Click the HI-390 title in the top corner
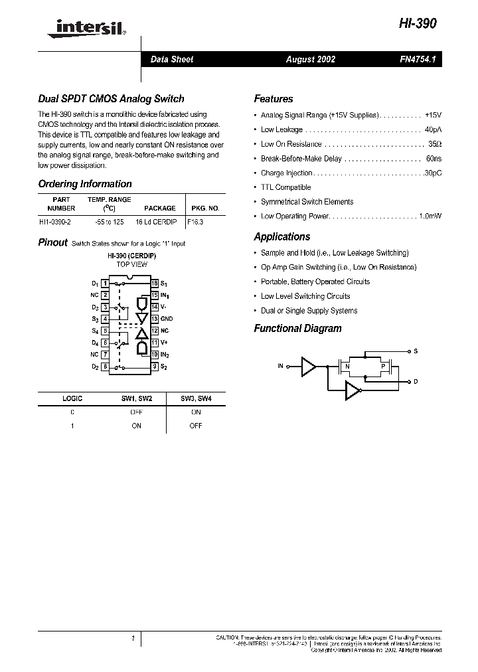[418, 22]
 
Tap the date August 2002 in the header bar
[311, 59]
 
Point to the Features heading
[273, 99]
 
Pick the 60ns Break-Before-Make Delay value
[434, 159]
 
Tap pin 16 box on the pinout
[155, 284]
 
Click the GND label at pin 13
[167, 319]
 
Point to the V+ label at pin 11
[164, 343]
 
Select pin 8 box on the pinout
[105, 367]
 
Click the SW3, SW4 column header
[195, 398]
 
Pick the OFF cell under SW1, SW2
[136, 412]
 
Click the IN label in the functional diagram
[281, 366]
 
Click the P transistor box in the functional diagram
[382, 366]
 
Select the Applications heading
[282, 237]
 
